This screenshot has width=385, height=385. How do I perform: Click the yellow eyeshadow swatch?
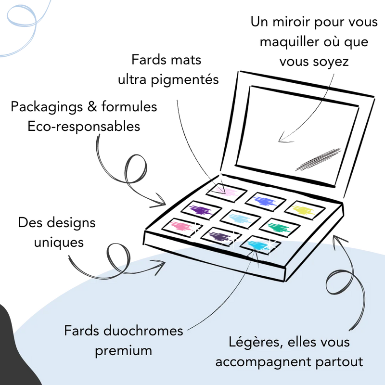(x=304, y=210)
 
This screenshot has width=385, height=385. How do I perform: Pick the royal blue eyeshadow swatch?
(x=265, y=200)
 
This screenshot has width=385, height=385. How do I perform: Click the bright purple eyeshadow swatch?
(x=201, y=209)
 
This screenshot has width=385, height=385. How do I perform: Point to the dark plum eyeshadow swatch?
(x=219, y=236)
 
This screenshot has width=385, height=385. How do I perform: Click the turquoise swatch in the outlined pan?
(x=260, y=245)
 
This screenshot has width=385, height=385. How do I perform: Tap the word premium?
(x=123, y=350)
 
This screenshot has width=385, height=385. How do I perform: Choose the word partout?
(x=340, y=361)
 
